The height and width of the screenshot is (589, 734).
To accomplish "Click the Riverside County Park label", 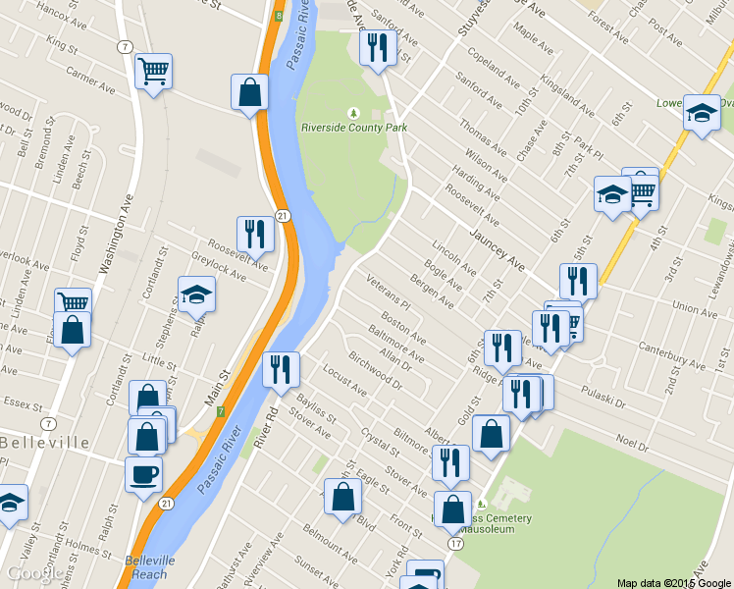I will click(x=353, y=127).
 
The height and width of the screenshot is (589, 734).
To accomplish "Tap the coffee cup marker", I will click(x=143, y=475).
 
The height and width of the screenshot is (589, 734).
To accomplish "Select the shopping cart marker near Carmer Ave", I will click(x=153, y=71).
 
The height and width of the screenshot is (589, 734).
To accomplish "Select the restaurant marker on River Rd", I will click(x=282, y=369).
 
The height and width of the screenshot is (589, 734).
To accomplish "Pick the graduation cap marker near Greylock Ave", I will click(x=196, y=294).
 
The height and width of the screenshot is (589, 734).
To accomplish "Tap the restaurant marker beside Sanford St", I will click(x=378, y=46).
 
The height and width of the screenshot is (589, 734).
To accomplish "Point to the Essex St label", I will click(x=18, y=402).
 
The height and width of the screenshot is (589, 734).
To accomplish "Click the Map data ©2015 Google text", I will click(x=673, y=582).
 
